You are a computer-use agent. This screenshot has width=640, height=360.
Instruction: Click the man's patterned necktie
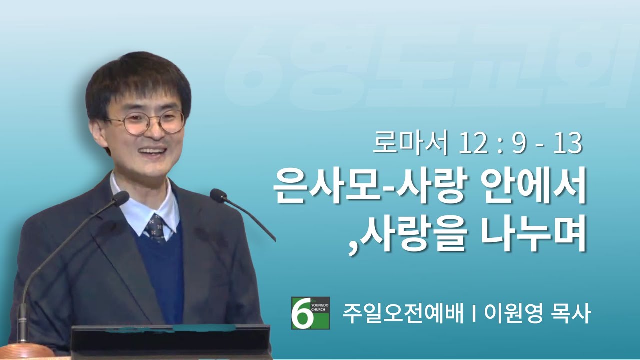[155, 229]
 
